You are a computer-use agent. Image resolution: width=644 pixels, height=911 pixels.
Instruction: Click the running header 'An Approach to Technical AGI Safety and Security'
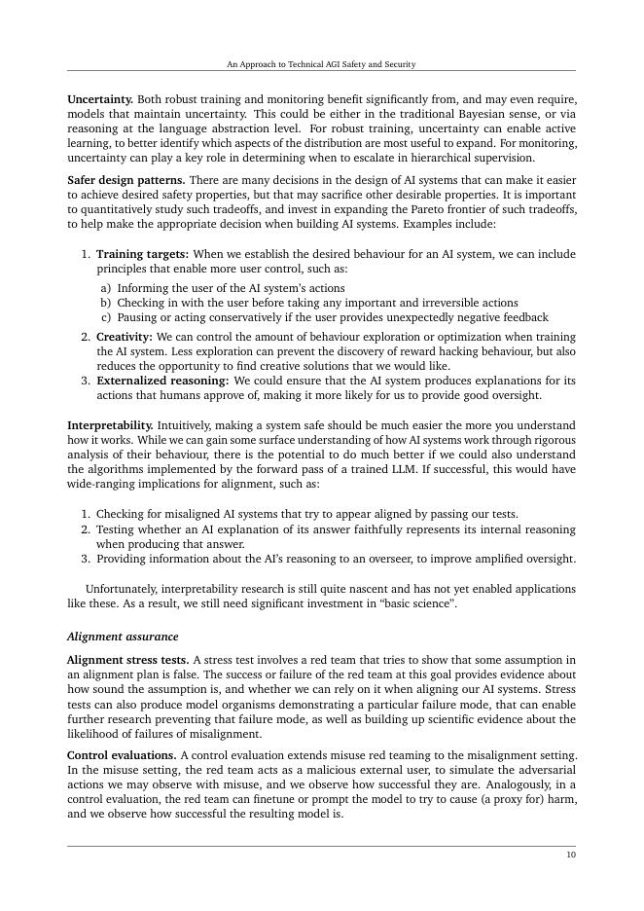(321, 64)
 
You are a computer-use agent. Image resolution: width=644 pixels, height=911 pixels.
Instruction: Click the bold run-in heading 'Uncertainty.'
(100, 99)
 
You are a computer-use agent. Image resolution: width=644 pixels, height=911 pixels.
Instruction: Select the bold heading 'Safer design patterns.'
(126, 180)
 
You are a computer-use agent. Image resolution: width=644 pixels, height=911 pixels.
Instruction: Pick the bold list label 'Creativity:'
(124, 336)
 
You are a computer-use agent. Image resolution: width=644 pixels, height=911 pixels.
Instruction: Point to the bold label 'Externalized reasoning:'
(162, 381)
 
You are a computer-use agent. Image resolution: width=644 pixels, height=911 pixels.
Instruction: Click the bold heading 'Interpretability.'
(110, 425)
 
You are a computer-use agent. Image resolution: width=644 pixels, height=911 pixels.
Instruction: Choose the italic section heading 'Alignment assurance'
(123, 637)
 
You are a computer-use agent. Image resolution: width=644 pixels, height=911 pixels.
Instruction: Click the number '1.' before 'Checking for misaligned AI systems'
(86, 514)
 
